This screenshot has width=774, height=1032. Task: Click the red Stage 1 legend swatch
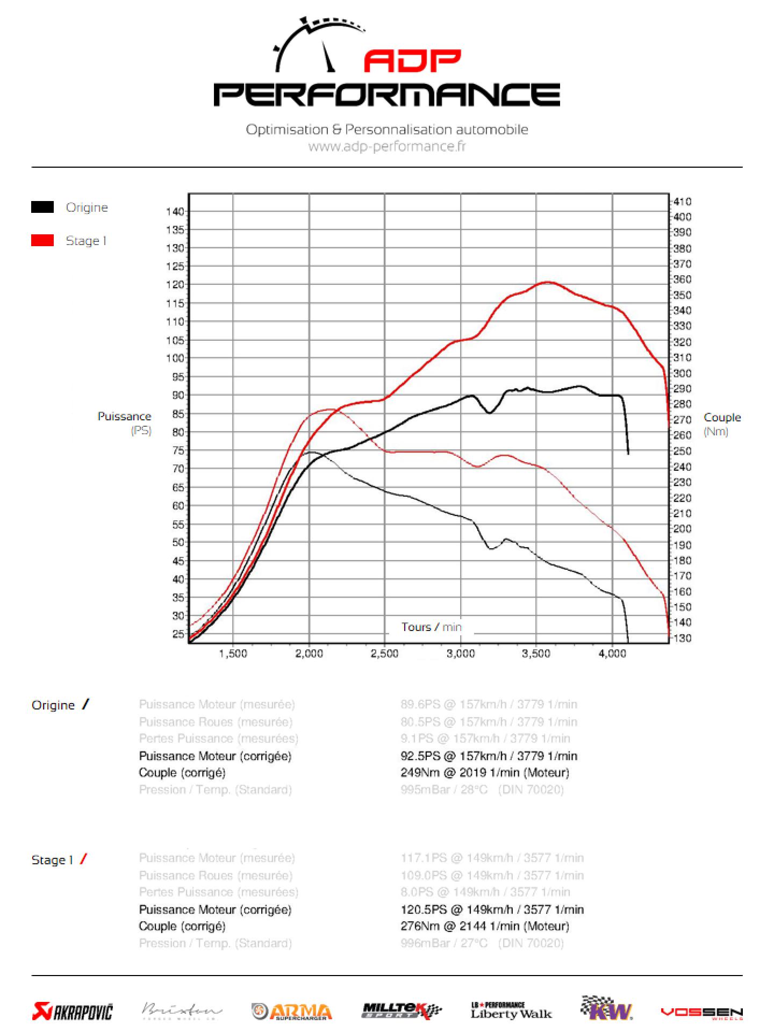point(42,240)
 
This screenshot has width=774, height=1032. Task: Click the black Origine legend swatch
point(42,207)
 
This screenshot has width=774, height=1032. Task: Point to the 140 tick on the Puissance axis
point(177,211)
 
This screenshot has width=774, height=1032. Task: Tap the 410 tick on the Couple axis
point(683,202)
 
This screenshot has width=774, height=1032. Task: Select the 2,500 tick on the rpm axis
point(385,654)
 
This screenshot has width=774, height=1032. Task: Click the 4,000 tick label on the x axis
point(612,654)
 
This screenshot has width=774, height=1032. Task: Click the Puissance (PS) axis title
point(124,422)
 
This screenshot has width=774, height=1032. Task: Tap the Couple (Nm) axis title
point(722,424)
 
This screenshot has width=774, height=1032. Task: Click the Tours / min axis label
point(431,627)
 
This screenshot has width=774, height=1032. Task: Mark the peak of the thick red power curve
point(548,282)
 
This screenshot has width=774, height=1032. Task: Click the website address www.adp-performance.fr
point(387,146)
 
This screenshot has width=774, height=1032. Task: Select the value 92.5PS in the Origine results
point(420,756)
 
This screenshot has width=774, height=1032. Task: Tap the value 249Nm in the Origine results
point(420,772)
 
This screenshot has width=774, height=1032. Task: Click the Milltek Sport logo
point(402,1011)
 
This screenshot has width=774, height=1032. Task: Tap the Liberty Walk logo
point(511,1010)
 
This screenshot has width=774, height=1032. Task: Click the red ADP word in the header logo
point(412,61)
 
